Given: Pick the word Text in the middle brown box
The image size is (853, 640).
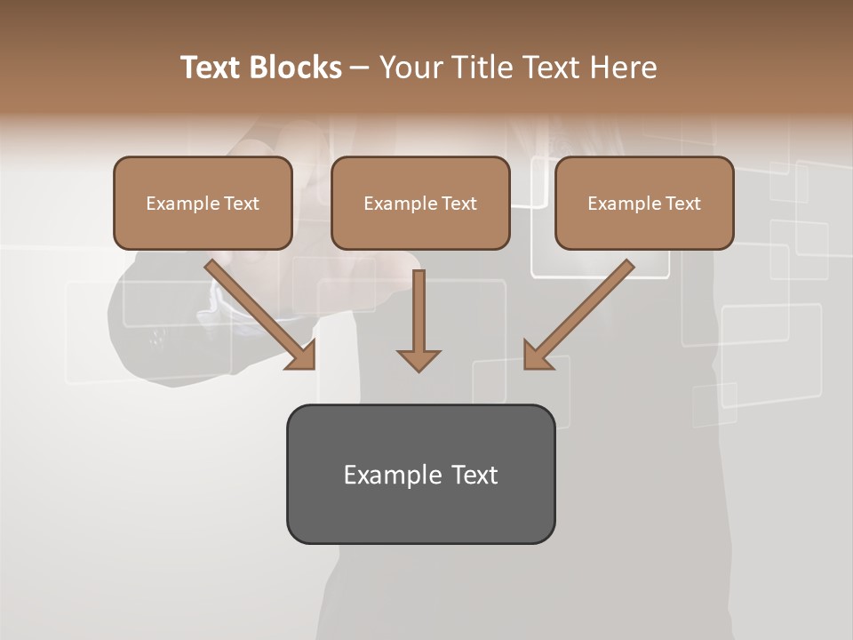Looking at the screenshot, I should pyautogui.click(x=459, y=204).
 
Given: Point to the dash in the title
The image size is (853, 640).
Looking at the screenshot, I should pyautogui.click(x=360, y=68).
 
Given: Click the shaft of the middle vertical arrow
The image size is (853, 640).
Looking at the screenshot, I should pyautogui.click(x=419, y=307).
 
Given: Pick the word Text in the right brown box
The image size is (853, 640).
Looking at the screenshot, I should pyautogui.click(x=683, y=204).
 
